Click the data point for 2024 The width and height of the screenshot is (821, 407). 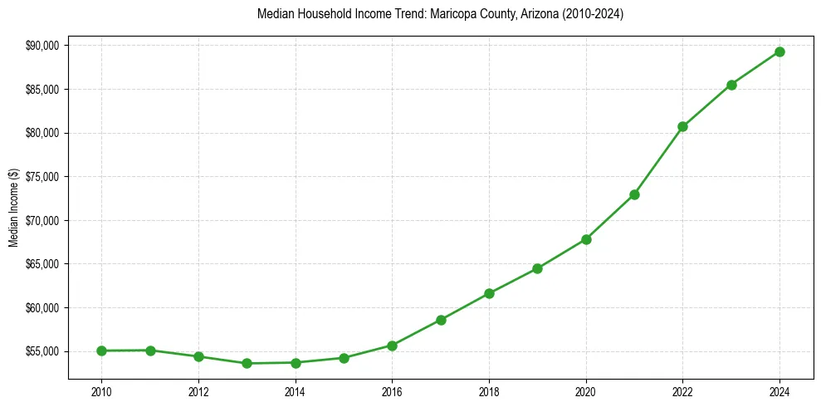point(779,51)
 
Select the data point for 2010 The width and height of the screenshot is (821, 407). point(101,351)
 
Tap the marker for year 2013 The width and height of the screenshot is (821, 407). point(247,363)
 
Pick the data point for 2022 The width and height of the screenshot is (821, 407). point(682,126)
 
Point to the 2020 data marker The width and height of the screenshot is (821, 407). point(586,239)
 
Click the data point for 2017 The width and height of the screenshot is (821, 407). point(441,320)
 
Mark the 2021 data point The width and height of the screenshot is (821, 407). point(634,194)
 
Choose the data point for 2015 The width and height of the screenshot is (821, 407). point(344,358)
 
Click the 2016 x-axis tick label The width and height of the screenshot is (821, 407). point(392,391)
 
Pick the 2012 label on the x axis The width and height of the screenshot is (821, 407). point(198,391)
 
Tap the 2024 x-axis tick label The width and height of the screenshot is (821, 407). point(779,391)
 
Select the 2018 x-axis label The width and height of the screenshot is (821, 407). point(489,391)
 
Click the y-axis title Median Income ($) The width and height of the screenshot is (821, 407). point(13,208)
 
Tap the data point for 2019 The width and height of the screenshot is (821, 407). point(537,268)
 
